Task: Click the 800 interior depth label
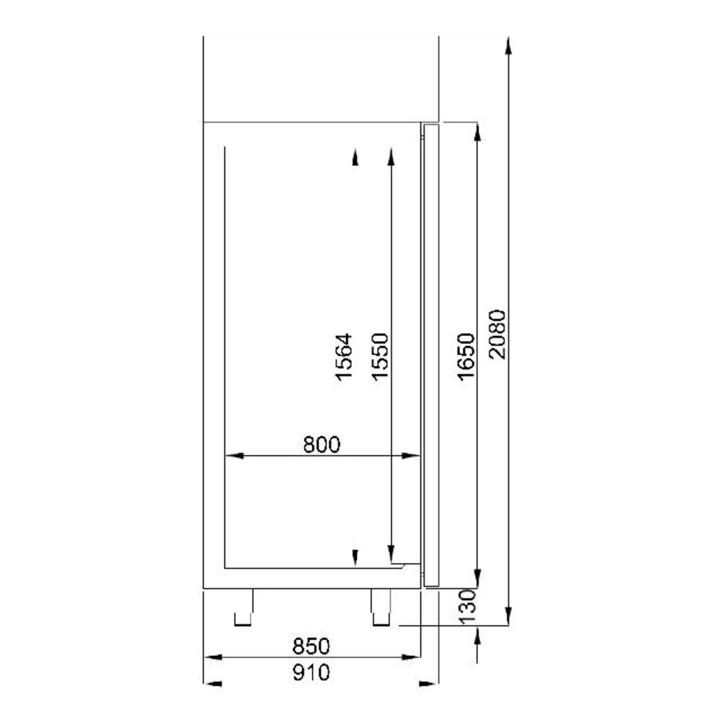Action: [x=321, y=444]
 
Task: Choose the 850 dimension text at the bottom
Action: [x=311, y=645]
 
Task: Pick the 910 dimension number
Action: [x=311, y=673]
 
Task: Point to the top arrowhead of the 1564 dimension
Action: [x=355, y=156]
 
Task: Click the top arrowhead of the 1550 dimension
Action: [x=390, y=156]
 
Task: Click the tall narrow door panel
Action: [x=430, y=353]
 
